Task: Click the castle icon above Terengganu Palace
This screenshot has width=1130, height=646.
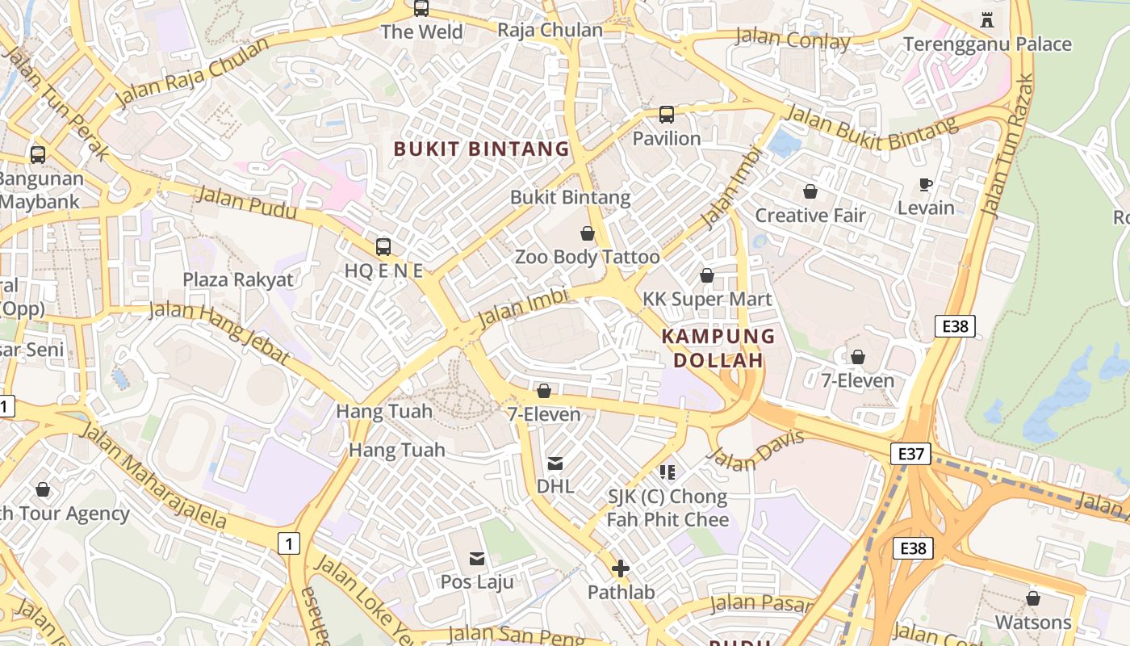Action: point(986,19)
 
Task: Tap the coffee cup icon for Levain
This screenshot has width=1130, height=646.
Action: point(926,185)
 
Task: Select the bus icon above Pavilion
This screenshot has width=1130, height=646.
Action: point(666,115)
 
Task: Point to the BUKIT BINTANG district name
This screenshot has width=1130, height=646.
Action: point(481,149)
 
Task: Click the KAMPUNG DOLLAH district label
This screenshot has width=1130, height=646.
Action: point(718,348)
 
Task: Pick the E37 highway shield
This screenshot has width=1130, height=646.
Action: point(911,454)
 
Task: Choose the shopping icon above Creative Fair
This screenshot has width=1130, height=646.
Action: point(810,191)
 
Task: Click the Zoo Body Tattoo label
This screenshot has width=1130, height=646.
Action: point(587,257)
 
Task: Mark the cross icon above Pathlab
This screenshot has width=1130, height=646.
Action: point(620,568)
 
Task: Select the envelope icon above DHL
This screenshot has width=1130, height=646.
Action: point(555,464)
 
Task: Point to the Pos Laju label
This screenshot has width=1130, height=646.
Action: point(476,581)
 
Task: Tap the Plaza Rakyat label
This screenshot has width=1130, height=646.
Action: point(238,279)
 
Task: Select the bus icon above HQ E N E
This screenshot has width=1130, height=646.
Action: point(383,247)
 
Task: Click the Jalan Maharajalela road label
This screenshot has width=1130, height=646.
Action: point(153,476)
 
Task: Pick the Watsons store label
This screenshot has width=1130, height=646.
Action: point(1033,623)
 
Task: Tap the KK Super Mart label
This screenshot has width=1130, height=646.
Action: point(707,299)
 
